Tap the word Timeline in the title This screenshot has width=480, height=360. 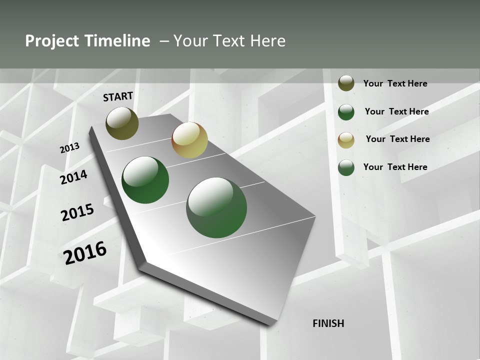[118, 41]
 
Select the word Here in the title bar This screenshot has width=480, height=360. [267, 41]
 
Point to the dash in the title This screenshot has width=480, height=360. [164, 41]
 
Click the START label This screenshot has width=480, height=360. [118, 96]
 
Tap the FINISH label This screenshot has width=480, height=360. [328, 323]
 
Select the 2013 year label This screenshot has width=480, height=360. [69, 148]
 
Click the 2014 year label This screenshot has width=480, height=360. [73, 177]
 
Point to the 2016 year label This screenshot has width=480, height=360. [85, 252]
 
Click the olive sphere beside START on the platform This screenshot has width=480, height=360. [122, 123]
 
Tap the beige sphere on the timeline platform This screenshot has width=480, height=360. [189, 140]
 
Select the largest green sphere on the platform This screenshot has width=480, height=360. [216, 207]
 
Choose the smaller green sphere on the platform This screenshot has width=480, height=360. [145, 180]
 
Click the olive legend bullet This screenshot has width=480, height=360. [346, 83]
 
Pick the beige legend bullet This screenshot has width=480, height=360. [346, 140]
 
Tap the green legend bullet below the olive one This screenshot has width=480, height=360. [346, 112]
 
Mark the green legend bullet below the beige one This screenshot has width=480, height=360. [346, 168]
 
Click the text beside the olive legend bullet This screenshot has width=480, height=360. [395, 83]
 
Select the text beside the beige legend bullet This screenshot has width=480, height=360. [397, 139]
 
